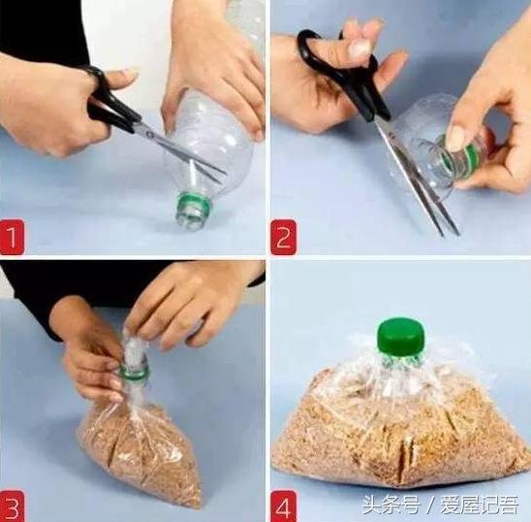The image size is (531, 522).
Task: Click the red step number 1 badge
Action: pyautogui.click(x=12, y=237)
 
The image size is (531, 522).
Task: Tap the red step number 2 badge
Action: pyautogui.click(x=284, y=237)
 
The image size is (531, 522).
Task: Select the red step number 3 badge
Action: pyautogui.click(x=12, y=506)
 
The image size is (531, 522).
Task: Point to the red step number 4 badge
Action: pyautogui.click(x=284, y=506)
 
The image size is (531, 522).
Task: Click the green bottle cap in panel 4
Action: pyautogui.click(x=401, y=336)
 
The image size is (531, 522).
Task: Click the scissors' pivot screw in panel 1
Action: pyautogui.click(x=149, y=133)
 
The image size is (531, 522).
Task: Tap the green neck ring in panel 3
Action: pyautogui.click(x=134, y=372)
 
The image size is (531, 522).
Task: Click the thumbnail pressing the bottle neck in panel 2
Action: pyautogui.click(x=455, y=138)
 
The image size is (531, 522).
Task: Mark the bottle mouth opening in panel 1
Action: pyautogui.click(x=190, y=221)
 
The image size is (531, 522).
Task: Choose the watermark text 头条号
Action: pyautogui.click(x=390, y=506)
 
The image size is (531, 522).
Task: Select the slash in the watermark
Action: pyautogui.click(x=429, y=506)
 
